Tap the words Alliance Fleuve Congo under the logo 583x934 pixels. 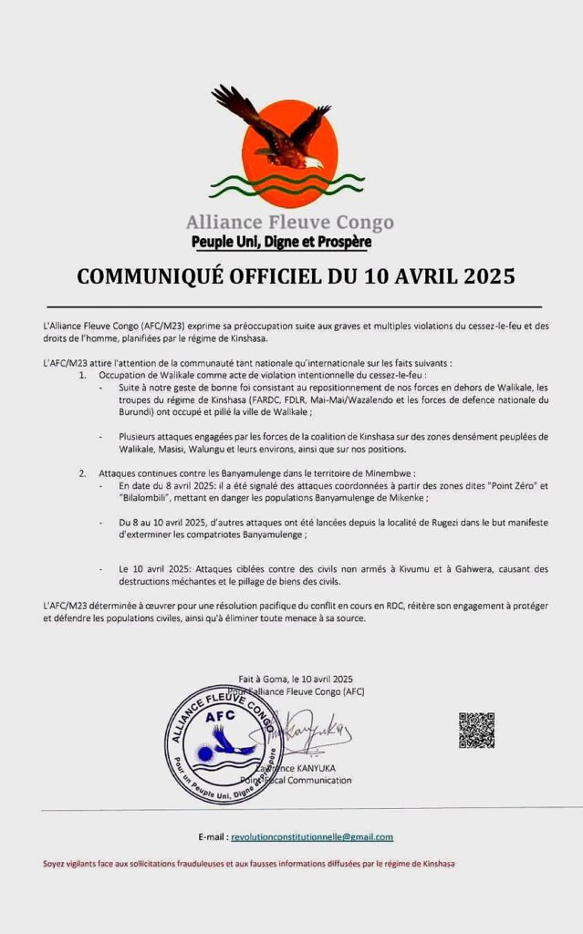pos(290,222)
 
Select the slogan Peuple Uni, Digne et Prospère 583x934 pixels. pos(281,243)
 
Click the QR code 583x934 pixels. pos(476,730)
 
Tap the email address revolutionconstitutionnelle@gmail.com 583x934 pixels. pos(312,836)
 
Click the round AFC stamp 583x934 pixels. pos(224,743)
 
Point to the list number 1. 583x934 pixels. pos(82,375)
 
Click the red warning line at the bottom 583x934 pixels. pos(248,864)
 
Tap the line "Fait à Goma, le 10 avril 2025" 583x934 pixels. pos(296,680)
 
